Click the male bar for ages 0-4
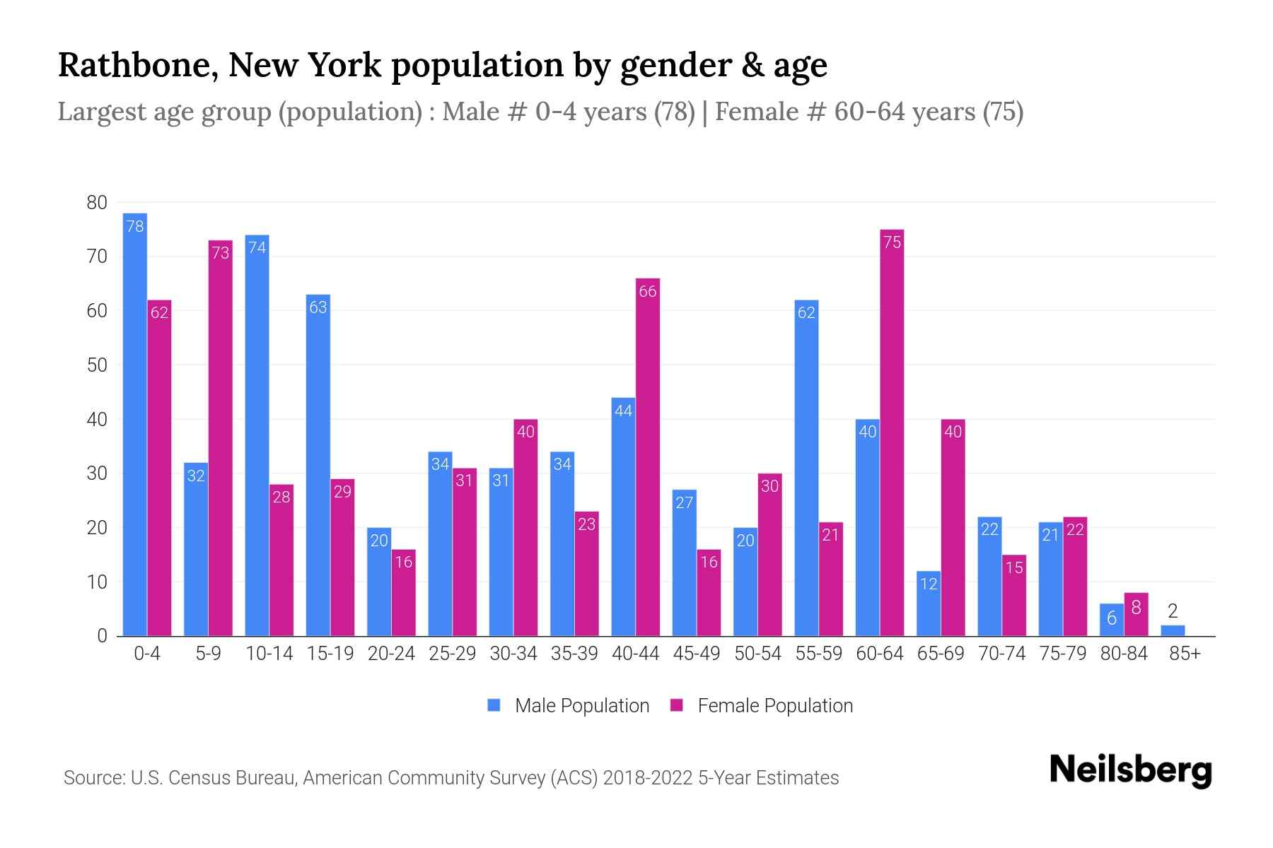(134, 424)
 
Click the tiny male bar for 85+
(1173, 630)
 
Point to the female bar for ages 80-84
(1136, 615)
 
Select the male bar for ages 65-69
(929, 603)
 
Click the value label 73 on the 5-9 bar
(221, 252)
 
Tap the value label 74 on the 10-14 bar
(257, 247)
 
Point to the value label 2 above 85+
(1173, 611)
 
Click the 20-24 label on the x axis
(391, 654)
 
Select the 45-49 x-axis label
(697, 654)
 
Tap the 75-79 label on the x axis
(1062, 654)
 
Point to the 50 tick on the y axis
(97, 365)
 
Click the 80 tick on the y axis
(97, 203)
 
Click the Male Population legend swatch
(494, 705)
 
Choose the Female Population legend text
(775, 705)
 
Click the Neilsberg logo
(1130, 770)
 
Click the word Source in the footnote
(93, 778)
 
